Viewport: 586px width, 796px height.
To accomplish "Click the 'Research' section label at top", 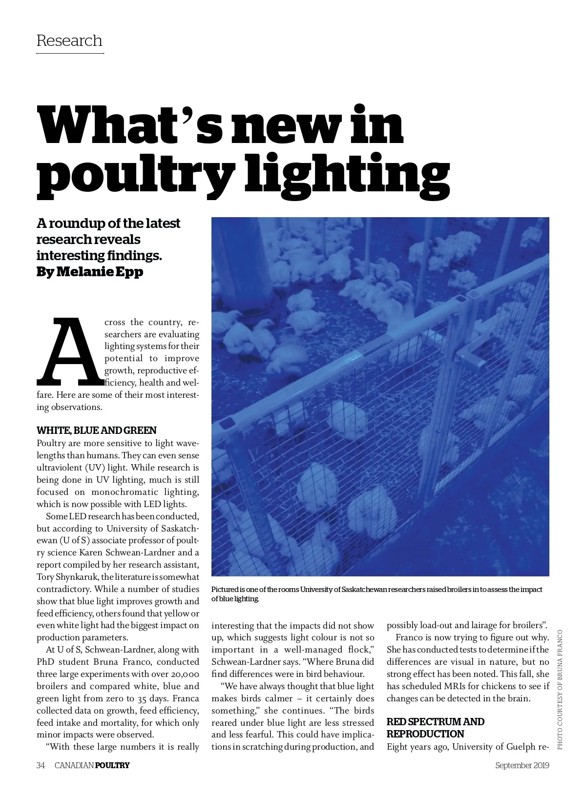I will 69,41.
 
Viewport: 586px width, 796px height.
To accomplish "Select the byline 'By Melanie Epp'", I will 90,272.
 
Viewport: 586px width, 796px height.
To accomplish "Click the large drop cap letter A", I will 69,351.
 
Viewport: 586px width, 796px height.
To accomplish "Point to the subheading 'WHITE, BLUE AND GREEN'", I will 97,430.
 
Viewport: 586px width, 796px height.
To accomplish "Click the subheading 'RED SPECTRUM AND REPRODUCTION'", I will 435,728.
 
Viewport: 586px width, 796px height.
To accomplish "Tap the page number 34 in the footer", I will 41,765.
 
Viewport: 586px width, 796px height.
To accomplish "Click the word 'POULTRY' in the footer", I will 112,765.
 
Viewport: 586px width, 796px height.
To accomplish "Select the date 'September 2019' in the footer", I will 522,765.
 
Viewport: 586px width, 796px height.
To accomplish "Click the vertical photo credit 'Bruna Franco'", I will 560,652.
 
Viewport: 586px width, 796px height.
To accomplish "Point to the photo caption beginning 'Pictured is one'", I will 377,594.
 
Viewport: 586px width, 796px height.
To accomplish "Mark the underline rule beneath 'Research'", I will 70,53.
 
